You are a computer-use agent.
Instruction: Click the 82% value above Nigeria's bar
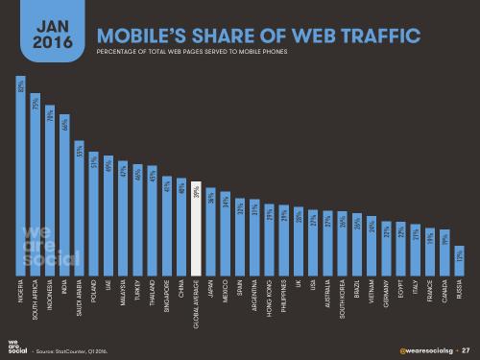point(21,87)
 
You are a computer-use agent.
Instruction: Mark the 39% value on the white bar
point(195,193)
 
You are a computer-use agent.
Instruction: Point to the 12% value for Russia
point(460,255)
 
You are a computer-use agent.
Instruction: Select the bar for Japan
point(209,230)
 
